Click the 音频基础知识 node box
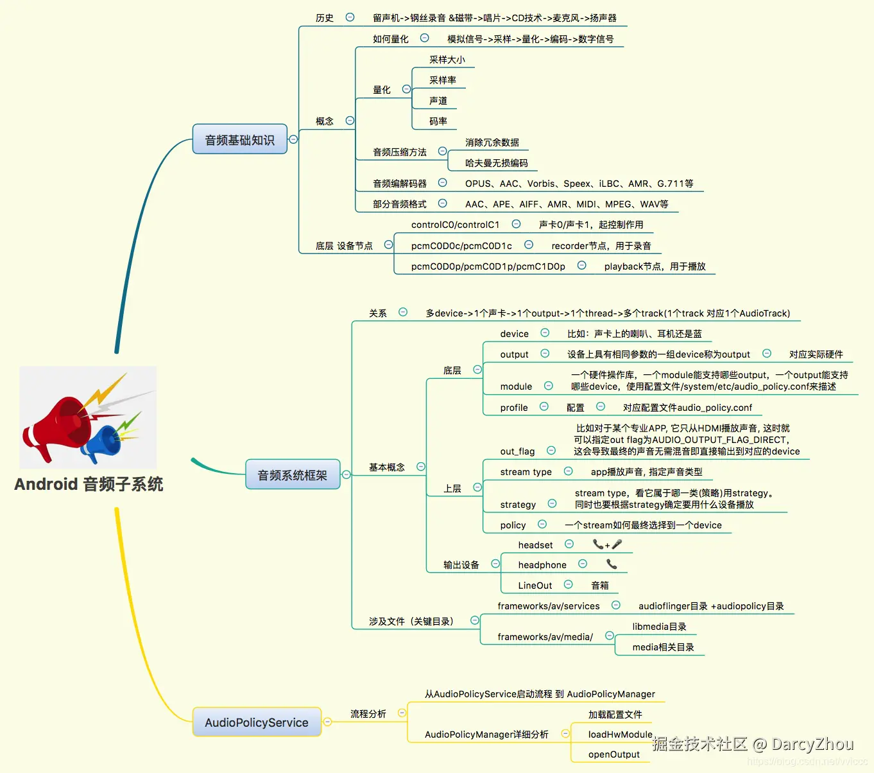coord(239,139)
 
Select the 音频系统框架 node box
coord(292,474)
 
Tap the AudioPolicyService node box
coord(256,722)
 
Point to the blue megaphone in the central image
coord(103,442)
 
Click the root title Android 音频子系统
coord(89,484)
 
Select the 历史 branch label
coord(324,18)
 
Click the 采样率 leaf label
coord(442,80)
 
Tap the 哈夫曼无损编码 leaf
coord(496,163)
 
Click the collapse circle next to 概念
coord(350,120)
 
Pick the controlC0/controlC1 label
coord(455,225)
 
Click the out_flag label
coord(517,451)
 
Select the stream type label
coord(526,472)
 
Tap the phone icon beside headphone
coord(612,564)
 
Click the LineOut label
coord(535,586)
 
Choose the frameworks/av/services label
coord(548,606)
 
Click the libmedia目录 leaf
coord(659,627)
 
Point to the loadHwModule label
coord(620,734)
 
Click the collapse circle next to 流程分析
coord(402,713)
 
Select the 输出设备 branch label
coord(461,565)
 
